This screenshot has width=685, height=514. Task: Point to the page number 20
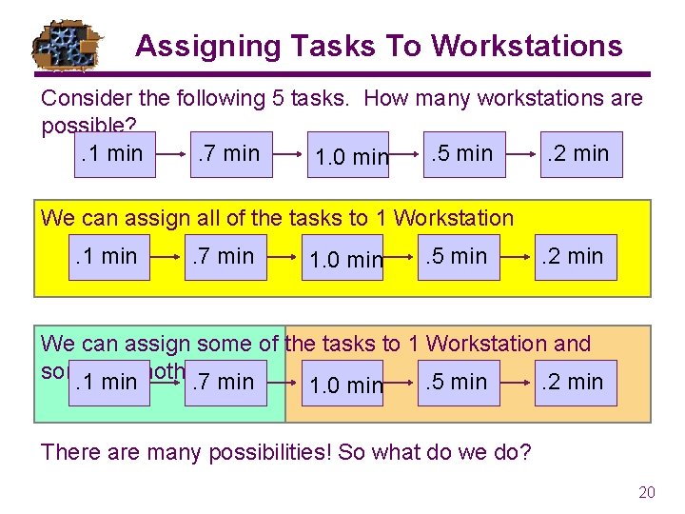[647, 492]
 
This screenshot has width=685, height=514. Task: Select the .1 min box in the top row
[112, 154]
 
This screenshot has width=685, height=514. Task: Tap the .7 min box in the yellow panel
[224, 257]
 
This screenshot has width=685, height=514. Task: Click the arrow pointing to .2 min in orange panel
[515, 383]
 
